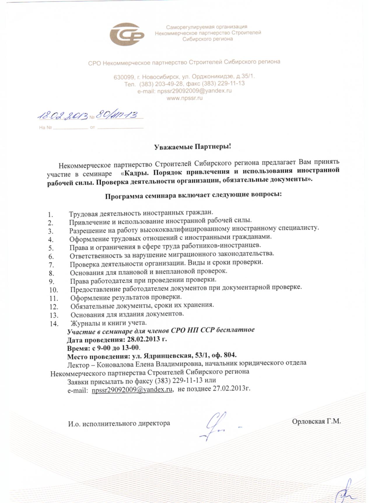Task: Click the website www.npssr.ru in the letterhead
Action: pyautogui.click(x=184, y=98)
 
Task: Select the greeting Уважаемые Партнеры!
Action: pyautogui.click(x=192, y=146)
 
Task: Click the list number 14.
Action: pyautogui.click(x=54, y=323)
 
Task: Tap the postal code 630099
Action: pyautogui.click(x=123, y=77)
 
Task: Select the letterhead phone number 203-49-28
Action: pyautogui.click(x=166, y=84)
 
